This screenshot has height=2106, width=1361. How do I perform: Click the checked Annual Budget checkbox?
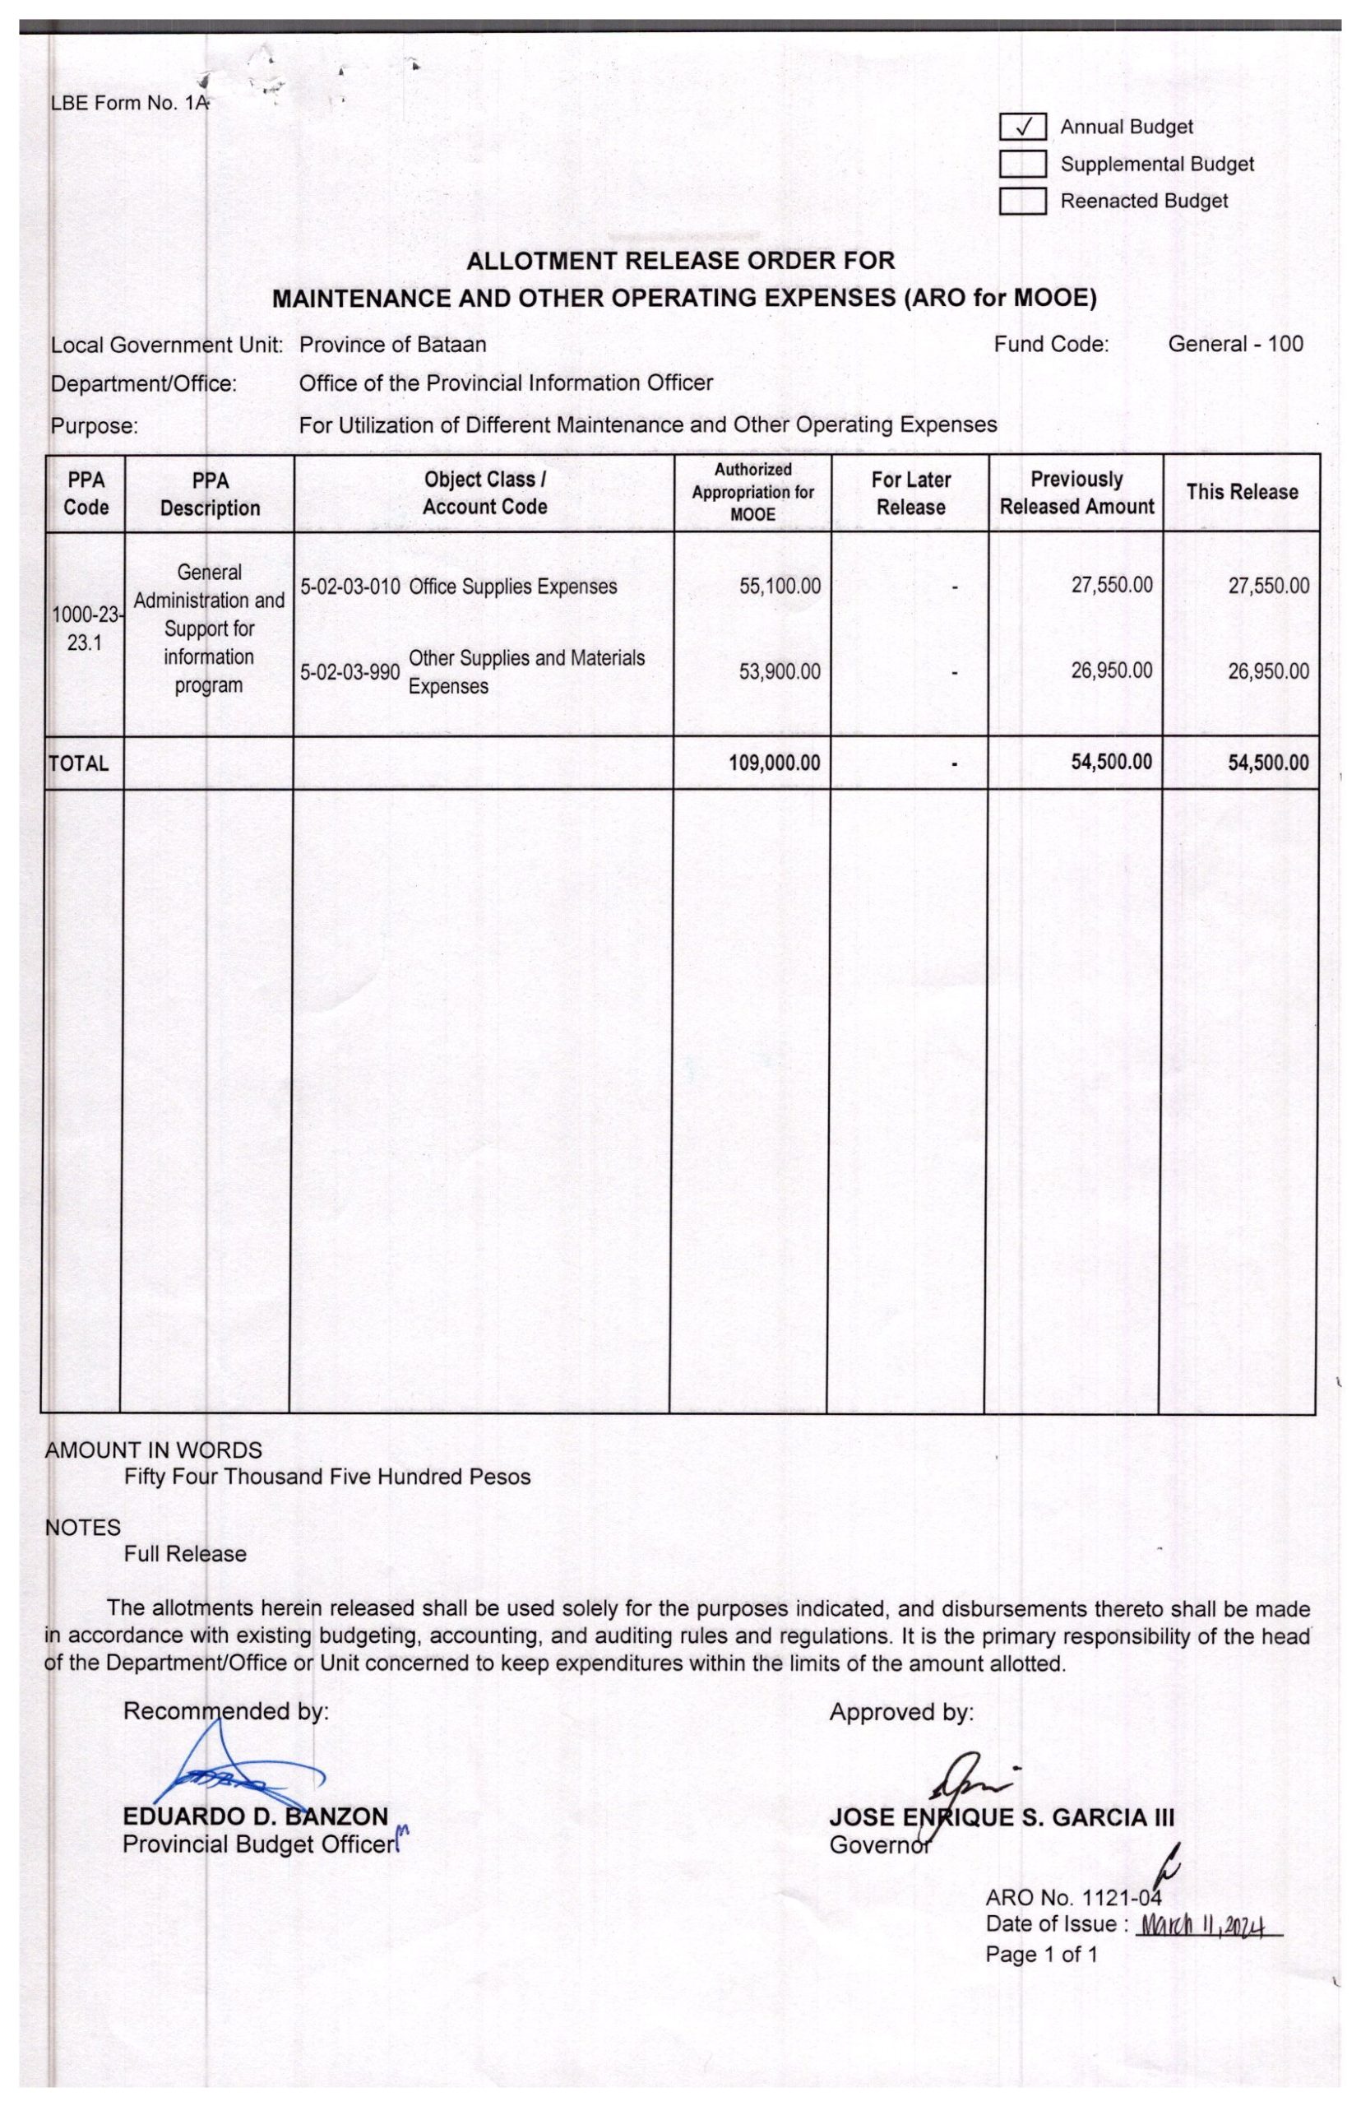[1022, 128]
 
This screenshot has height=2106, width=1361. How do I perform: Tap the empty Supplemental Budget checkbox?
[1022, 165]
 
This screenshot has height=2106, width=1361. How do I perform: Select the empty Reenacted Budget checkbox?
[1022, 202]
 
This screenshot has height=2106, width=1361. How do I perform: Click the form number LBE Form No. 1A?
[130, 103]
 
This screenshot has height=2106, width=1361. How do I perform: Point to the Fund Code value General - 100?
[1234, 344]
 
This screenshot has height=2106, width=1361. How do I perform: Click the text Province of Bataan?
[392, 344]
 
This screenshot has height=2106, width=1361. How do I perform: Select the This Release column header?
[1241, 492]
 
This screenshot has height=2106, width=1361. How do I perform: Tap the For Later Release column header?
[910, 493]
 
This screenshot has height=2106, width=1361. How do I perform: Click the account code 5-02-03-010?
[350, 587]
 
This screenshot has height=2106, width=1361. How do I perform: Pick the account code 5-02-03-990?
[350, 672]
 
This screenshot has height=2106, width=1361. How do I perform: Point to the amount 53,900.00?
[780, 671]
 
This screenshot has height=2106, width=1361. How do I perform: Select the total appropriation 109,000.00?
[774, 762]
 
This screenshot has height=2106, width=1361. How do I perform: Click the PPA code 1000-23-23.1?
[85, 628]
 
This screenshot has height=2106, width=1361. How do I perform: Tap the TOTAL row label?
[79, 763]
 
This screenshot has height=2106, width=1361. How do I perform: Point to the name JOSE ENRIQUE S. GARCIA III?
[1002, 1817]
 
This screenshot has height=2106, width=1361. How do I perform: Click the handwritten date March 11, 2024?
[1205, 1925]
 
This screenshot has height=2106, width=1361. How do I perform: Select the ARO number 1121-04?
[1121, 1896]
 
